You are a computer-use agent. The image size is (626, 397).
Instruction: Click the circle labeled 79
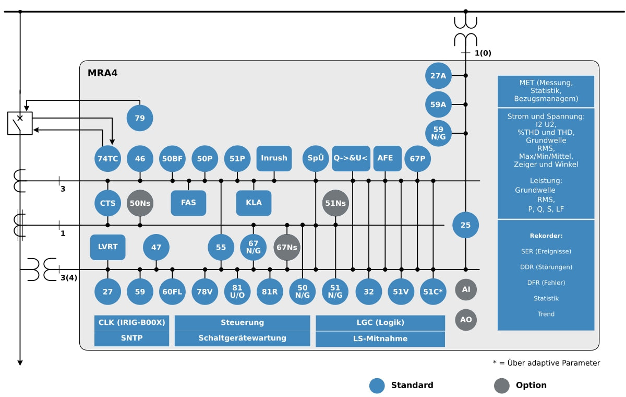(140, 118)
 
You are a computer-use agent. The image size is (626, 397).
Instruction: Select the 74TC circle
(108, 158)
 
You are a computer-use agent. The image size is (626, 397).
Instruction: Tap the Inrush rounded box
(274, 158)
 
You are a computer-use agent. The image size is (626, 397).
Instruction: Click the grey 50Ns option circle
(140, 203)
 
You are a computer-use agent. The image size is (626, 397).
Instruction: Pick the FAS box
(188, 203)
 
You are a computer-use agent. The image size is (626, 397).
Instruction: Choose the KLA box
(254, 203)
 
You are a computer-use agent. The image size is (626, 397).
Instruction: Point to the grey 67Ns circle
(287, 247)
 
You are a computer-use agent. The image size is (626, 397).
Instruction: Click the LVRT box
(108, 247)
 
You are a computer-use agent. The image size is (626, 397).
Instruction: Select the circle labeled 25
(465, 225)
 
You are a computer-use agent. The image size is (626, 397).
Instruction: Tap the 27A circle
(438, 76)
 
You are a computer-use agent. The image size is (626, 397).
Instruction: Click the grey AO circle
(466, 320)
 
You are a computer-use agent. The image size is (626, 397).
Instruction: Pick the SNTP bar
(131, 338)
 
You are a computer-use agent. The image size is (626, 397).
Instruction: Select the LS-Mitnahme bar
(380, 338)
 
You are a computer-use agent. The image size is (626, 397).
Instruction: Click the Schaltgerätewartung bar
(242, 338)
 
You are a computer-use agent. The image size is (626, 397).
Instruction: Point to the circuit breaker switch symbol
(20, 123)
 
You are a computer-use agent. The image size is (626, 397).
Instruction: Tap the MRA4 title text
(103, 73)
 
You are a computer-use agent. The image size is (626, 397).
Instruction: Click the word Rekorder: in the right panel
(546, 236)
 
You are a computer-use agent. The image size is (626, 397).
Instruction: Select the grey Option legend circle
(502, 386)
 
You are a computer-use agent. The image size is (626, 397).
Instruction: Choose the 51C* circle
(434, 291)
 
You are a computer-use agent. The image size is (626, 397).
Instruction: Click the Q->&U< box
(351, 158)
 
